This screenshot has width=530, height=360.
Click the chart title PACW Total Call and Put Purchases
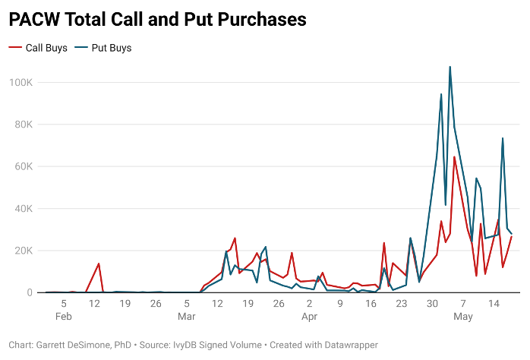point(157,20)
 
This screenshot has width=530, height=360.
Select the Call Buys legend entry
point(38,48)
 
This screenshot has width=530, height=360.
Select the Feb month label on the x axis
point(64,316)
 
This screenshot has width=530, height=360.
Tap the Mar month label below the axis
point(187,316)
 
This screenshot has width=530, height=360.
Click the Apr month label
point(309,316)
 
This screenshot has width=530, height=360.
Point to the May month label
point(463,316)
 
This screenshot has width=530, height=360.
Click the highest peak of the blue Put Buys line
point(450,67)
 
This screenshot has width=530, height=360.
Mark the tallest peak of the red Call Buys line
point(454,157)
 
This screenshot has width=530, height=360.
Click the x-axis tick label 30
point(432,304)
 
